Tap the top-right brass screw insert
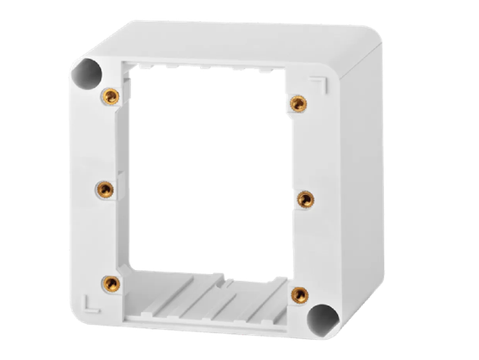click(x=297, y=103)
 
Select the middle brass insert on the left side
click(x=103, y=187)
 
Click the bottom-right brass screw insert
click(x=298, y=294)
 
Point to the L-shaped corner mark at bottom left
click(x=88, y=299)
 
